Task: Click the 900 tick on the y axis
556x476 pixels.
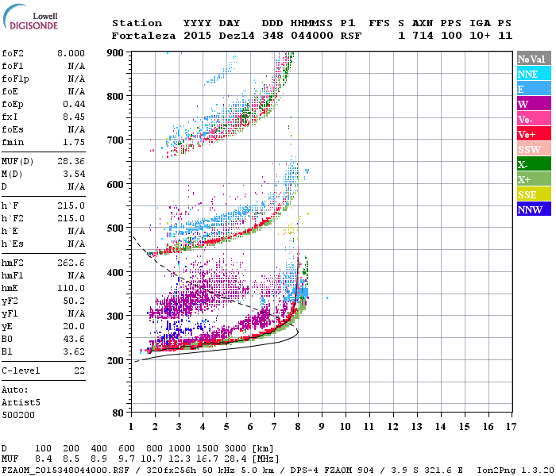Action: pyautogui.click(x=116, y=52)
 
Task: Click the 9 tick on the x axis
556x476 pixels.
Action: pyautogui.click(x=322, y=426)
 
